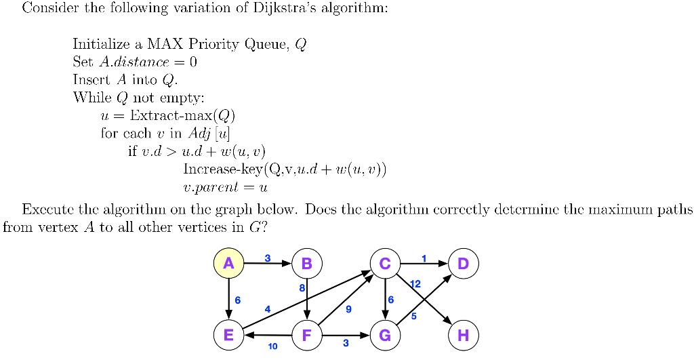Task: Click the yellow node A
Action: click(228, 263)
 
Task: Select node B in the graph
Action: click(306, 263)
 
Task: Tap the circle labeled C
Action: click(385, 263)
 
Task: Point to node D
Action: click(464, 263)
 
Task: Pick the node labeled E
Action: click(228, 335)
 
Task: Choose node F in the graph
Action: click(306, 335)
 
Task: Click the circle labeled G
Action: click(385, 335)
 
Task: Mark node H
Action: click(464, 335)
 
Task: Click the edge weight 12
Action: click(415, 284)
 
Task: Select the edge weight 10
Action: click(272, 346)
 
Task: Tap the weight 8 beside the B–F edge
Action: click(301, 288)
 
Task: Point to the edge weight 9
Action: click(348, 309)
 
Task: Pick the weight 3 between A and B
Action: click(267, 257)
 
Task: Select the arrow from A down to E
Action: click(228, 298)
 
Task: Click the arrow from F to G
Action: click(346, 335)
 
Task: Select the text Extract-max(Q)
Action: click(182, 115)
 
